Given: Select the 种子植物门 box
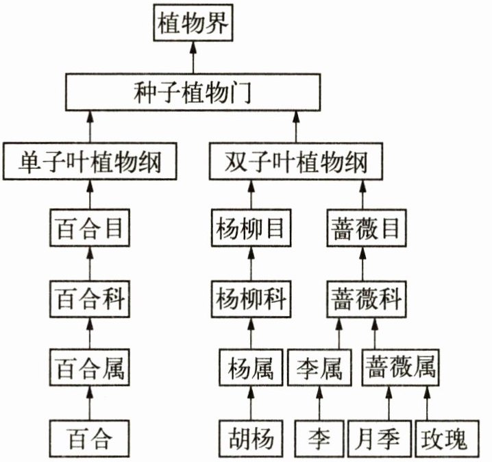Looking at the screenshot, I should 193,93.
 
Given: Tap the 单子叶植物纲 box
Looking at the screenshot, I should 90,162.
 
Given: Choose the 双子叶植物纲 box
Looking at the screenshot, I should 296,162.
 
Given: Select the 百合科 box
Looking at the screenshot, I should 90,300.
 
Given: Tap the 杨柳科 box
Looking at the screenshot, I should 249,300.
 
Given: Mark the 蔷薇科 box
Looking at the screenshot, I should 363,300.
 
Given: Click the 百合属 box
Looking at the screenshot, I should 90,369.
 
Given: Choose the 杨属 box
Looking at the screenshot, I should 249,369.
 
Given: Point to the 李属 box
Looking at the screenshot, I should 320,369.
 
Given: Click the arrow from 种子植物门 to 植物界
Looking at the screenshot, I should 193,58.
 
